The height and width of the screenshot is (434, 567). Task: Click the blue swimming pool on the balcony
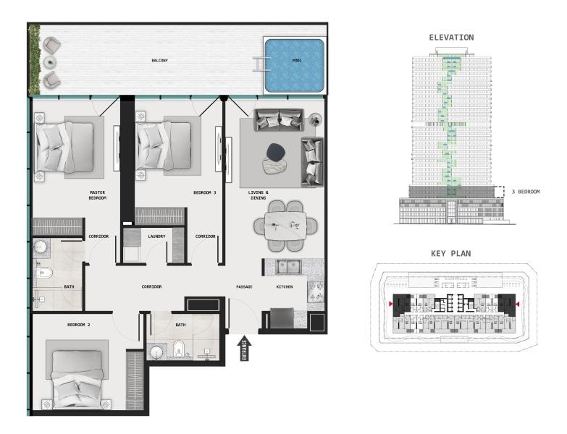pos(294,65)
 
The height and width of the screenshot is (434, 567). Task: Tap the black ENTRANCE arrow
pos(245,348)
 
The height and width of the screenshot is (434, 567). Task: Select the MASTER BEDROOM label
pos(98,195)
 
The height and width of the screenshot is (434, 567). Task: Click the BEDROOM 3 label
pos(205,193)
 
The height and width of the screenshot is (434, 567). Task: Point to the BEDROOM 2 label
pos(78,325)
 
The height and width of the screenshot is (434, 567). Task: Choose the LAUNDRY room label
pos(156,237)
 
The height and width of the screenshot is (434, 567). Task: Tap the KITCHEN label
pos(285,286)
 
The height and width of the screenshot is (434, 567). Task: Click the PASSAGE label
pos(244,286)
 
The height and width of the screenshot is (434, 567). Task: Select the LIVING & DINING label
pos(259,195)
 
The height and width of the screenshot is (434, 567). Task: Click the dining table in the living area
pos(285,226)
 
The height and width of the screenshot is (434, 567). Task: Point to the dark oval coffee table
pos(277,152)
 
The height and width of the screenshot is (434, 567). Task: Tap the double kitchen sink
pos(287,267)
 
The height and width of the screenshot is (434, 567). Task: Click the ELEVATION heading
pos(451,38)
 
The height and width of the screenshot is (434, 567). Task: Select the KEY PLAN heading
pos(451,254)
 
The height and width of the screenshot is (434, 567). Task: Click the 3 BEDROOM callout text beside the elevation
pos(526,192)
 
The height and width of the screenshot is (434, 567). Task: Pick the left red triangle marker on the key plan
pos(390,304)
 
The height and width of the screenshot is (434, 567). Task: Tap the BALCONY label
pos(159,61)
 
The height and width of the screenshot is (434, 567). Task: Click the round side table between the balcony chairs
pos(50,62)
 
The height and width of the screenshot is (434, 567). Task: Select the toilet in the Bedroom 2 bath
pos(179,349)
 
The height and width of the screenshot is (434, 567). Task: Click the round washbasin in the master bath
pos(40,247)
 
